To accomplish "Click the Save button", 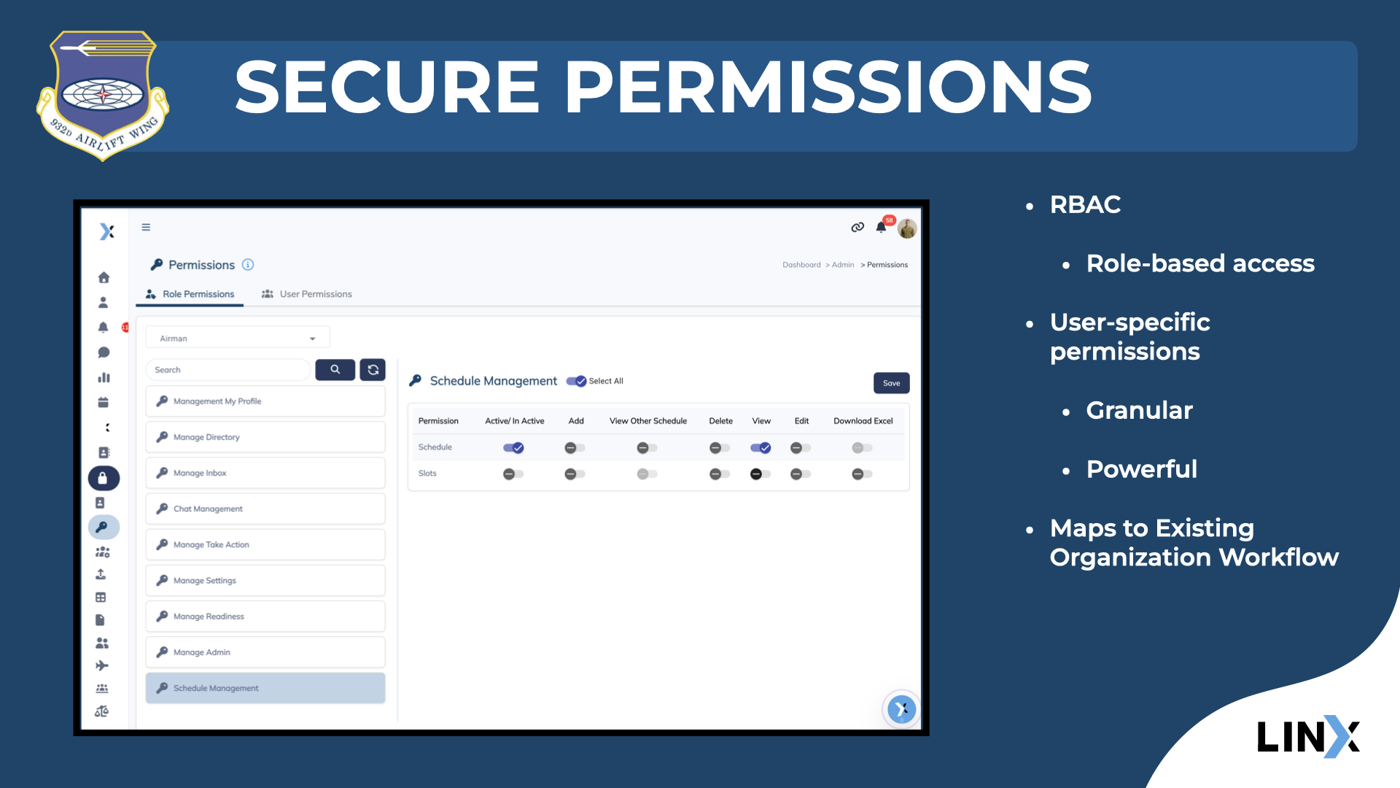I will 891,383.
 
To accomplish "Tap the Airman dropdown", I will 238,339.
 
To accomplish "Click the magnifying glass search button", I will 335,370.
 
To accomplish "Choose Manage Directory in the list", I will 265,437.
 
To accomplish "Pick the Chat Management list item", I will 265,509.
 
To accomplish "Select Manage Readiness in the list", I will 265,617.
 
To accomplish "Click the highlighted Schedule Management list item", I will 265,688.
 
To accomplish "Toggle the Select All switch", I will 577,381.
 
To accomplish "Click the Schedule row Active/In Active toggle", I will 513,448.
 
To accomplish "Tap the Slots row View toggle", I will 760,474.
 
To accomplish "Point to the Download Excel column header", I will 863,421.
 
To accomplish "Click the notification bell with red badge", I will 882,227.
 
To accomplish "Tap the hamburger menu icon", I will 146,227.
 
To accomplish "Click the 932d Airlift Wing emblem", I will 103,95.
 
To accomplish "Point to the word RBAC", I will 1085,205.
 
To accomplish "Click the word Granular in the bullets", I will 1139,411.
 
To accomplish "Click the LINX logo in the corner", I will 1308,736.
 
